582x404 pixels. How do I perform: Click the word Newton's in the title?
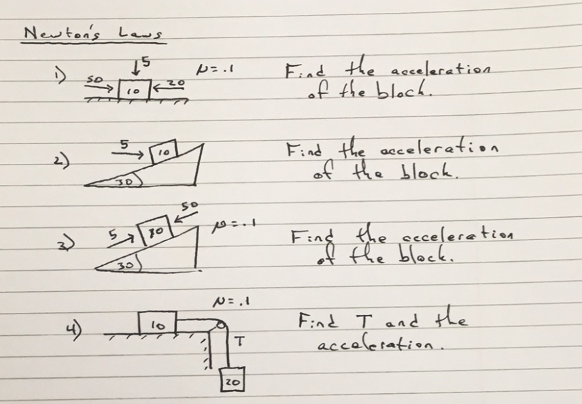[x=62, y=33]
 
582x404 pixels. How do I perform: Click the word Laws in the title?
[x=140, y=33]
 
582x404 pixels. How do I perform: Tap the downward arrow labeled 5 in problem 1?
[x=137, y=67]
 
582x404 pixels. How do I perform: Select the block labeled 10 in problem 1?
[x=135, y=90]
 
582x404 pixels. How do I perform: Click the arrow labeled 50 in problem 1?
[x=99, y=87]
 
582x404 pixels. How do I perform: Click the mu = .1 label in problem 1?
[x=215, y=69]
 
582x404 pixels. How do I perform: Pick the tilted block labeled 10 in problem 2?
[x=163, y=152]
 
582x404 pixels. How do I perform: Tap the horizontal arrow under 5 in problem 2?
[x=127, y=153]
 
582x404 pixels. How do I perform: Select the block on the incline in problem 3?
[x=155, y=230]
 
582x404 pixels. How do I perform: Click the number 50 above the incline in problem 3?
[x=189, y=205]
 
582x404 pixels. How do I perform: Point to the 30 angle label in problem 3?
[x=126, y=265]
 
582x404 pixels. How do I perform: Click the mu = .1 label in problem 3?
[x=235, y=224]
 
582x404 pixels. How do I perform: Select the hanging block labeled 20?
[x=233, y=380]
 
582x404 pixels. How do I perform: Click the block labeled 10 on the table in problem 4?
[x=157, y=323]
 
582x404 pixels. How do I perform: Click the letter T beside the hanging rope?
[x=240, y=341]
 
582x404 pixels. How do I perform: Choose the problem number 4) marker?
[x=74, y=330]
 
